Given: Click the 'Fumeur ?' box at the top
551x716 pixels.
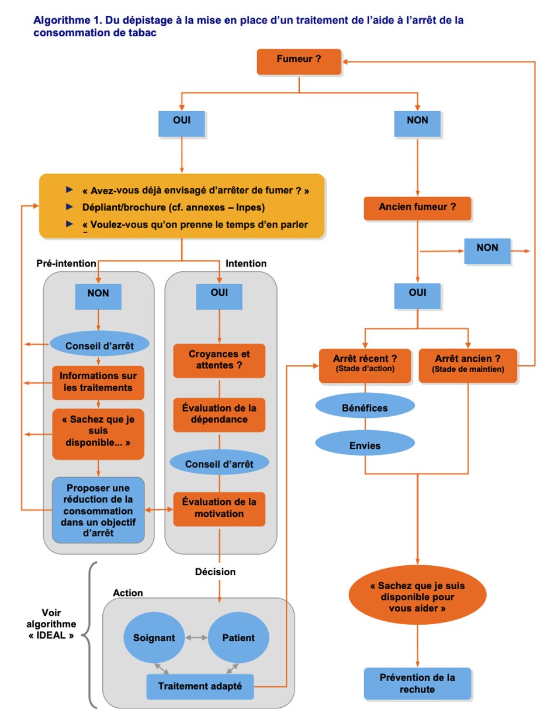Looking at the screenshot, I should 299,61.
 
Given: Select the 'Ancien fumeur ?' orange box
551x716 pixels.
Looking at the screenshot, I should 417,208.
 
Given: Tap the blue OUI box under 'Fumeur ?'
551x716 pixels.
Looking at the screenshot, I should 182,123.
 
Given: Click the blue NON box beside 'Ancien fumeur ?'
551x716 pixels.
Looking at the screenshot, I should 487,251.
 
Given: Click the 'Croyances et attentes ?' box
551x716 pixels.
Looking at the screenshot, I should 219,360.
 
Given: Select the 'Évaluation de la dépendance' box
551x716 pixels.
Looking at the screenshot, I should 219,414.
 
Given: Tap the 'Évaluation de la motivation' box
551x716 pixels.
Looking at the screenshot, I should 219,509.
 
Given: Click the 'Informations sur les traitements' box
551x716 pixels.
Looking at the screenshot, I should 98,382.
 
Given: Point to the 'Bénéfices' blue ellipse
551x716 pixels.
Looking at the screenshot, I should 365,407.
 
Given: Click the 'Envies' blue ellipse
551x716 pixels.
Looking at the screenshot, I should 365,445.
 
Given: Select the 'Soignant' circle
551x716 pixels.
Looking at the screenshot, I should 154,638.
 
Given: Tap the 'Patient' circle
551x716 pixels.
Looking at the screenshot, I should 238,638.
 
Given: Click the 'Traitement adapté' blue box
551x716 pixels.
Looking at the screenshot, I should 200,686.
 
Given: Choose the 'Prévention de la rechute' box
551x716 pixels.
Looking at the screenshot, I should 417,684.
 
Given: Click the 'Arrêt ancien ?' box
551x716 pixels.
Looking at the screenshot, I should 467,365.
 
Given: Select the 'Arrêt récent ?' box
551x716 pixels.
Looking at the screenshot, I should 365,365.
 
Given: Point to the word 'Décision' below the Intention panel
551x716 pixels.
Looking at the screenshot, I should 215,572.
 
